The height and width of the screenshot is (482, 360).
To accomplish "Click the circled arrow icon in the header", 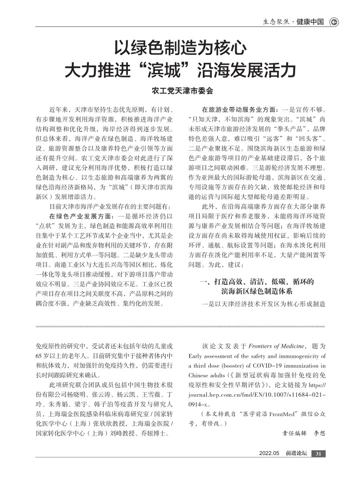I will pos(335,21).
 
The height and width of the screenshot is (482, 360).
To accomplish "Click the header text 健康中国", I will pos(310,21).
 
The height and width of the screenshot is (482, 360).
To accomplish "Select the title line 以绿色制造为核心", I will pos(180,48).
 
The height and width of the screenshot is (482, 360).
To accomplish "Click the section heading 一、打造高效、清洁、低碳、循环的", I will pos(257,282).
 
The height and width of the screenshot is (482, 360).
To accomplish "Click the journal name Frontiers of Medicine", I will pos(282,345).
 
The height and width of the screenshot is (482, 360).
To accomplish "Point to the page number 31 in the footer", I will pos(318,453).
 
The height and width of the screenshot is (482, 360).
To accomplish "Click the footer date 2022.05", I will pos(269,453).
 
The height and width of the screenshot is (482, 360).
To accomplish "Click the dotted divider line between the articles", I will pos(180,326).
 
